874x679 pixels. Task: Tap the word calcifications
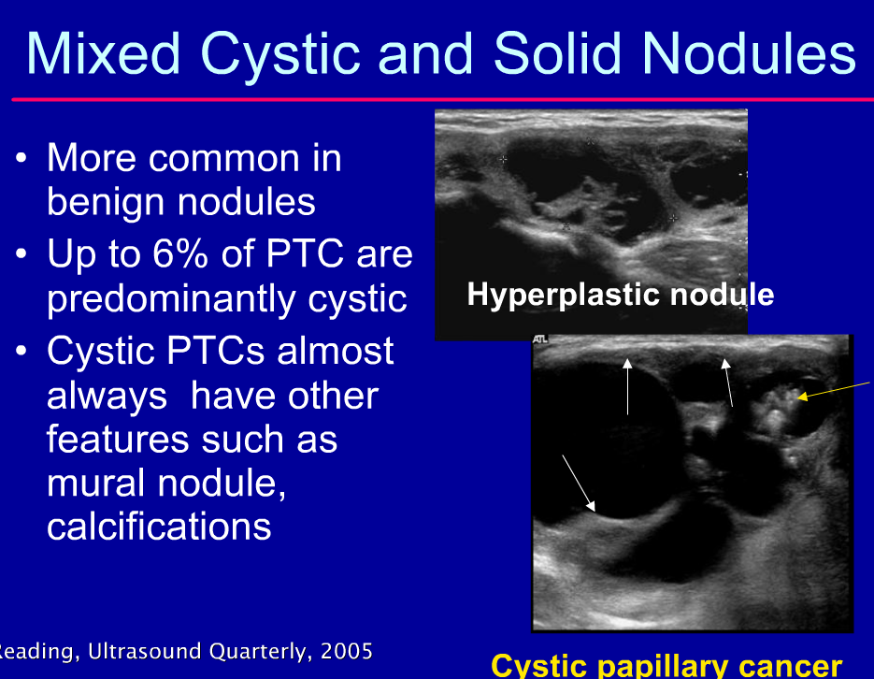click(x=159, y=527)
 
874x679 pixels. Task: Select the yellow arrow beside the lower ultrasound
click(x=834, y=390)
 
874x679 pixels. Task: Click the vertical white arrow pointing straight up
click(x=628, y=384)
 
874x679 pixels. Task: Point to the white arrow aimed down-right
click(x=578, y=483)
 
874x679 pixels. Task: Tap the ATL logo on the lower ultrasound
click(x=541, y=340)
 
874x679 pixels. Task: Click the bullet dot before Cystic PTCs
click(x=22, y=353)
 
